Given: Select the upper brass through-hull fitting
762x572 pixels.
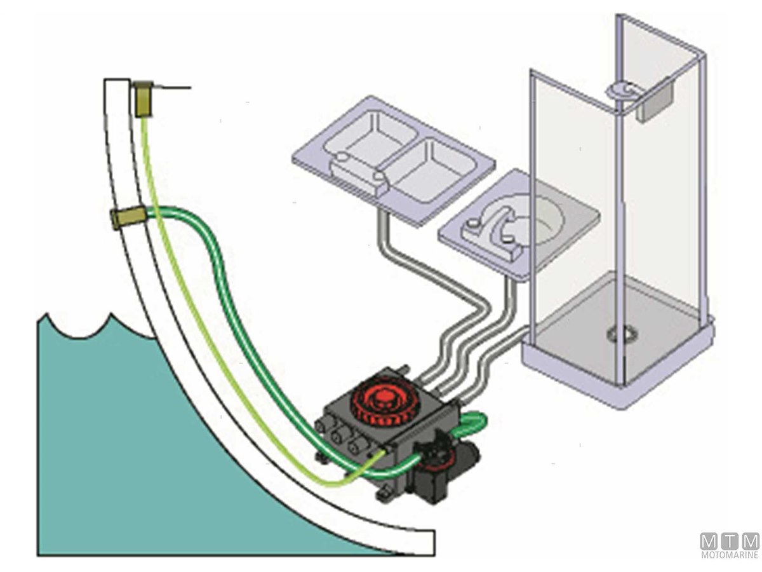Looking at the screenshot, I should (x=143, y=98).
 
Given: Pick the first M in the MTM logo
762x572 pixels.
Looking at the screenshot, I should (x=709, y=541).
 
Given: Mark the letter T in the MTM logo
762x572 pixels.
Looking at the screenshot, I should (x=730, y=541).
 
